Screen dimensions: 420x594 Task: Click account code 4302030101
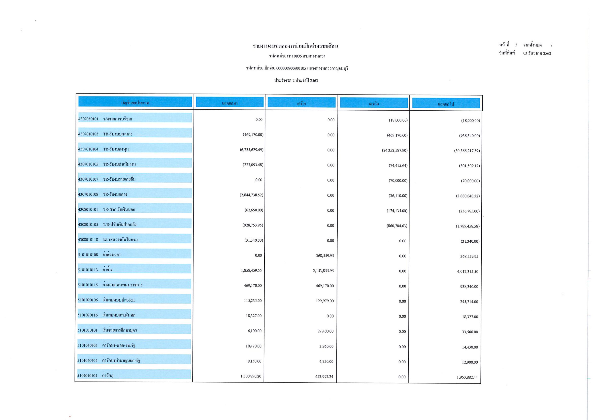pos(88,119)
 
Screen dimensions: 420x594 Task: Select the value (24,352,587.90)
pos(395,150)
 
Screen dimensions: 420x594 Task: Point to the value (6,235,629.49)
pos(252,150)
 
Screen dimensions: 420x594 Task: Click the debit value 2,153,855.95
pos(323,271)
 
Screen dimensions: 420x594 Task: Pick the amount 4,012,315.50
pos(468,272)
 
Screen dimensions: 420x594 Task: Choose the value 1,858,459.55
pos(251,270)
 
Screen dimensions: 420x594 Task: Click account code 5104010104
pos(88,375)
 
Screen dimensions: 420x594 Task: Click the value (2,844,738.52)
pos(251,195)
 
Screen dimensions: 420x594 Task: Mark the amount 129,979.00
pos(325,301)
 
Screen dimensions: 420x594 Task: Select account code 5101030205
pos(88,346)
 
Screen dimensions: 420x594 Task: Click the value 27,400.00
pos(326,331)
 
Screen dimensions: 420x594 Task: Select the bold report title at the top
pos(295,46)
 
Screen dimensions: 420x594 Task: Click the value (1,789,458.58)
pos(468,226)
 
